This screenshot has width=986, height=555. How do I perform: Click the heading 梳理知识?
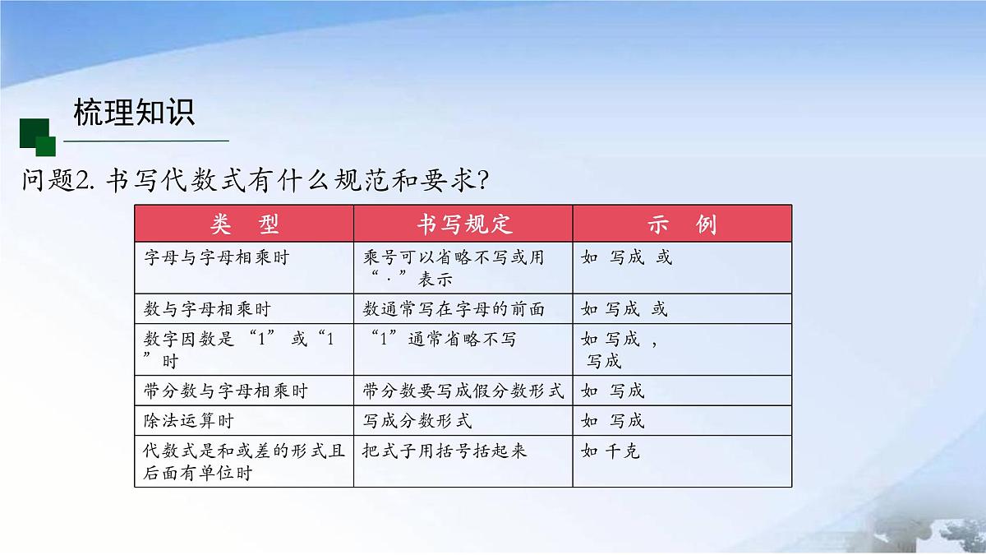[134, 113]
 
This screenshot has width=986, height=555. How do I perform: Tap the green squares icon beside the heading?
[37, 136]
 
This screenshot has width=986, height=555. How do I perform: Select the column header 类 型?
[244, 224]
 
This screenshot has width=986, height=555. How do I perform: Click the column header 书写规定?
[463, 224]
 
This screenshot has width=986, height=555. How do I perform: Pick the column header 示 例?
[682, 224]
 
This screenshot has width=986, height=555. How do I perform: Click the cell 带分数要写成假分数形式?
[463, 391]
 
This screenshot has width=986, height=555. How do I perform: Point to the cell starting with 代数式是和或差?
[243, 461]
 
